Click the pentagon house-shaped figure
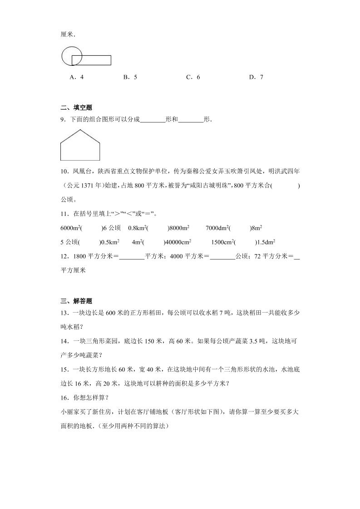tap(80, 147)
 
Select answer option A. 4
tap(76, 77)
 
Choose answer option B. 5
tap(130, 77)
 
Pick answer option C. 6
tap(193, 77)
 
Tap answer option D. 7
tap(256, 77)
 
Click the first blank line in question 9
tap(153, 121)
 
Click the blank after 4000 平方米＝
tap(222, 256)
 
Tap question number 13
tap(64, 313)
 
